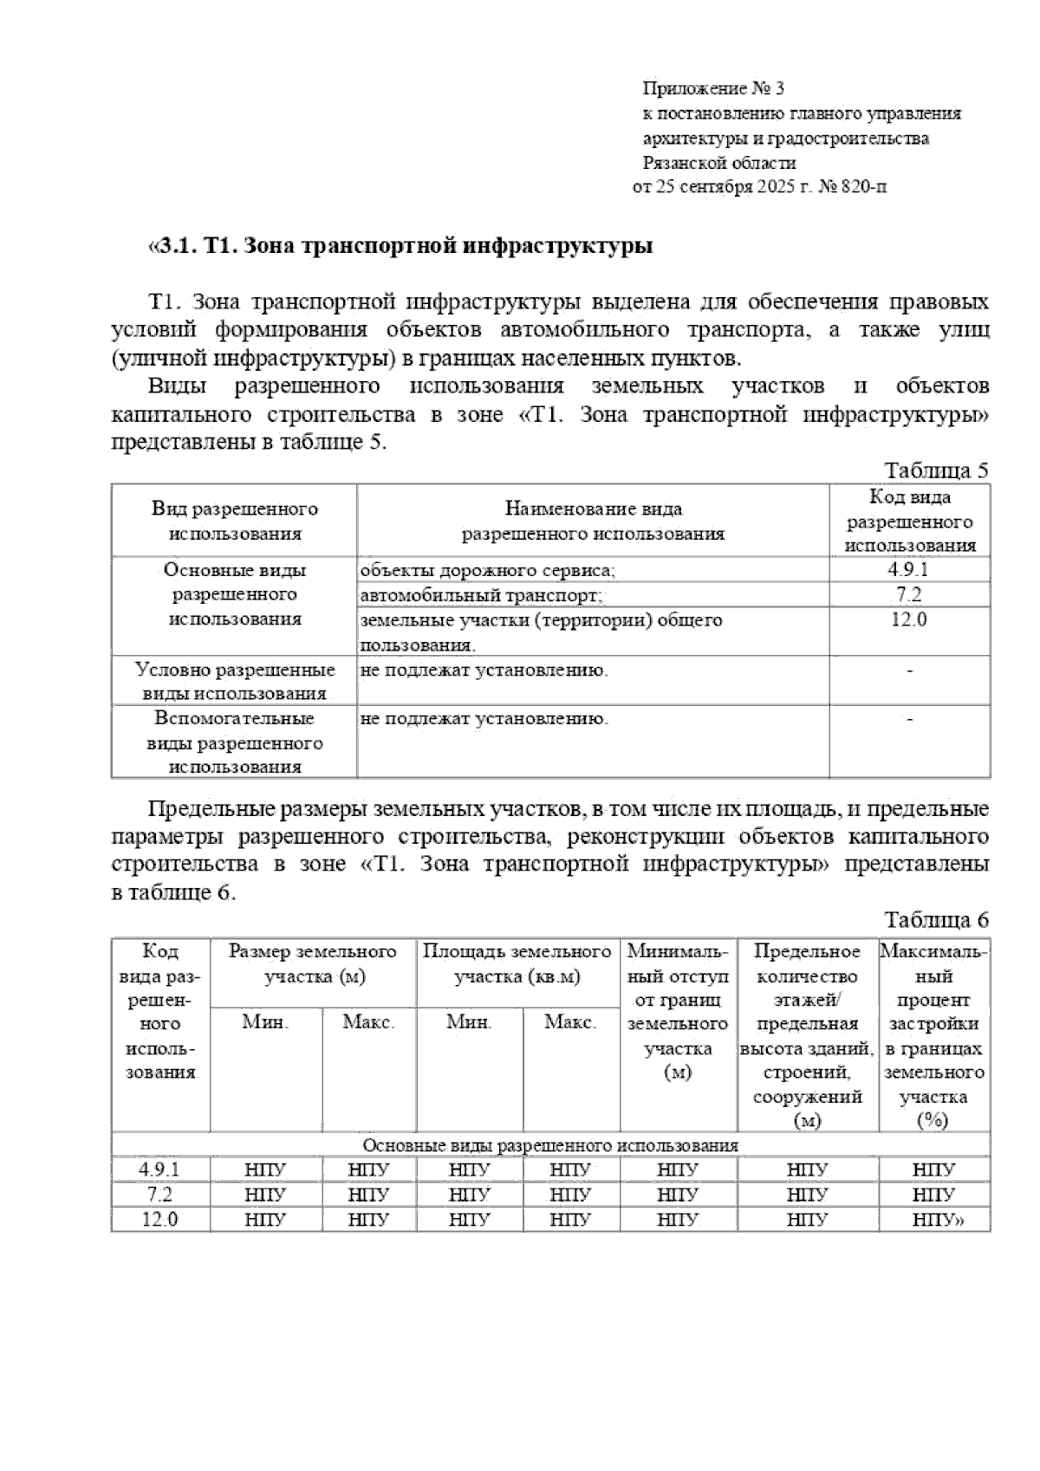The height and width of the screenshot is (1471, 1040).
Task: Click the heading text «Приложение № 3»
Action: (x=712, y=88)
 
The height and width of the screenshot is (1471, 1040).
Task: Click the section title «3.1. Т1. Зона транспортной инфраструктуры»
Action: (x=401, y=246)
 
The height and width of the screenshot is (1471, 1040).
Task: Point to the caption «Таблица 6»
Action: (x=936, y=920)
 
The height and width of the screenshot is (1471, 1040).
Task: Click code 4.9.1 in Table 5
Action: (x=908, y=570)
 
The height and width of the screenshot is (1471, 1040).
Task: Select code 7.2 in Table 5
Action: (x=908, y=594)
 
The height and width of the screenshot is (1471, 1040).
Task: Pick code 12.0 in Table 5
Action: (x=908, y=619)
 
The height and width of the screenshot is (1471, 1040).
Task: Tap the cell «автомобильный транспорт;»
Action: (x=481, y=595)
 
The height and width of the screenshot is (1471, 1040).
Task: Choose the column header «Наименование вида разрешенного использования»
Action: (x=593, y=521)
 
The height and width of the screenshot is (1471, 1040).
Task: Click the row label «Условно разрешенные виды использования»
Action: (x=234, y=682)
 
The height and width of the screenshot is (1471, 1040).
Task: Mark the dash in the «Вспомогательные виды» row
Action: (x=909, y=719)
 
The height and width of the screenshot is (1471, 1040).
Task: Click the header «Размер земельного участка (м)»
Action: (x=313, y=964)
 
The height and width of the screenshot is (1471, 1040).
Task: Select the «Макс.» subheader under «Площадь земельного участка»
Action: (x=570, y=1022)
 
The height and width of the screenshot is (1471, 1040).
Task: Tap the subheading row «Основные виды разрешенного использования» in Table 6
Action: (x=549, y=1145)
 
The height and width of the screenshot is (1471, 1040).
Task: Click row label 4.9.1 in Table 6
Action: (x=160, y=1170)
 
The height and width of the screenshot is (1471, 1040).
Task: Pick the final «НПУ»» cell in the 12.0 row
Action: (x=937, y=1220)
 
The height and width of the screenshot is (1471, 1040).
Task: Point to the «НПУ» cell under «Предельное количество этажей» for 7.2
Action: (x=808, y=1196)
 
